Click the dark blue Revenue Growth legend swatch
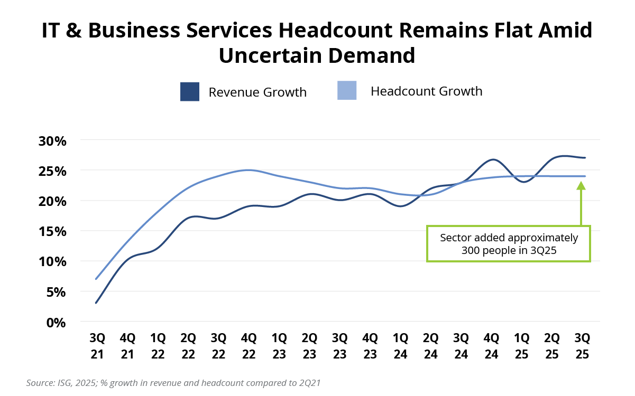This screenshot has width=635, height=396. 190,91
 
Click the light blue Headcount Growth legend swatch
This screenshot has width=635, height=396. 347,90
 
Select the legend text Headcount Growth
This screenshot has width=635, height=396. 426,91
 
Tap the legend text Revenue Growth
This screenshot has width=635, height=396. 257,92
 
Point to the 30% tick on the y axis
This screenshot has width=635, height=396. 52,141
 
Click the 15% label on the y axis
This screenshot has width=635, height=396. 52,231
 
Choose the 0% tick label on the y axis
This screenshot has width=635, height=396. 56,322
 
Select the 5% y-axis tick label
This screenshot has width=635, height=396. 56,291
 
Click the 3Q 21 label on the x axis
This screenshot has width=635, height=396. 97,346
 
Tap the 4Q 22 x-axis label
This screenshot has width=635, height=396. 249,346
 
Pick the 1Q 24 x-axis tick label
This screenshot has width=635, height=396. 400,346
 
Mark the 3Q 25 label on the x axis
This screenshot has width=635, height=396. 583,346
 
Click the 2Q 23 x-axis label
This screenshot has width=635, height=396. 309,346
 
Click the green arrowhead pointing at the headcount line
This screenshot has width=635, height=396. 581,185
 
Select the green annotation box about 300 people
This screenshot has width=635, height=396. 509,244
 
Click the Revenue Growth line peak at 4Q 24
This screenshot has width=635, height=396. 492,159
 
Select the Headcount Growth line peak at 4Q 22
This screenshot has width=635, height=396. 249,170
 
